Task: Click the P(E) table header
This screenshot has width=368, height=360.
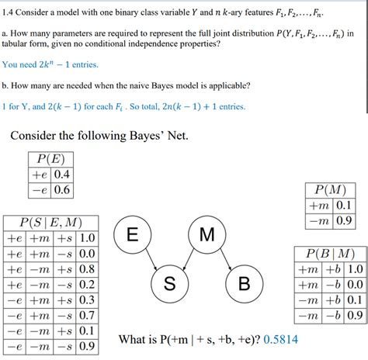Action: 50,159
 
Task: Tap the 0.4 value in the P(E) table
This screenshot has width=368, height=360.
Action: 61,175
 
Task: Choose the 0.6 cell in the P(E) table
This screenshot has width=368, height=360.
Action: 61,189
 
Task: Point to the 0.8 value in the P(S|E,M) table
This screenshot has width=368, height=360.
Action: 87,269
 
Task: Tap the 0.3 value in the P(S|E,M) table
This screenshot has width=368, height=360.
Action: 87,299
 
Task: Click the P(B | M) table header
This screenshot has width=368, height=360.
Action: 329,254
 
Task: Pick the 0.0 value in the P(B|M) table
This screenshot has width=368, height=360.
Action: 354,285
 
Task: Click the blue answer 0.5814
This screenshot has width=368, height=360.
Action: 280,339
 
